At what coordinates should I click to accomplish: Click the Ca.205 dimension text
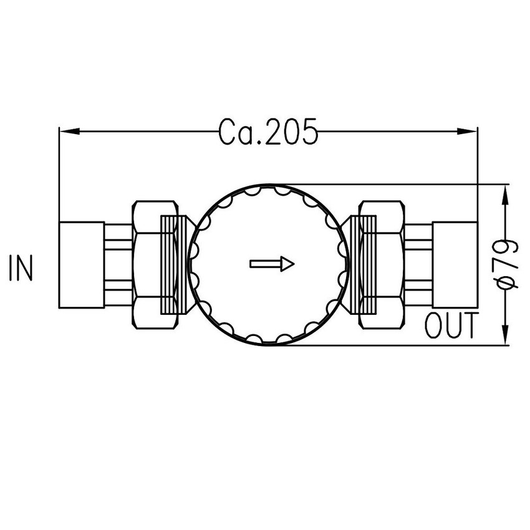click(269, 132)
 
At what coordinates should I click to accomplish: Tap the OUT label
click(451, 326)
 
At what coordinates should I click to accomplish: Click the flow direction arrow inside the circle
click(272, 264)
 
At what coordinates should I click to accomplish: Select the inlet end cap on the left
click(81, 265)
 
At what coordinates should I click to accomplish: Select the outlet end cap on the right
click(455, 265)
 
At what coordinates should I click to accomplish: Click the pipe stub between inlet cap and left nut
click(118, 265)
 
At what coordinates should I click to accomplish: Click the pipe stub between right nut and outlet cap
click(418, 265)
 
